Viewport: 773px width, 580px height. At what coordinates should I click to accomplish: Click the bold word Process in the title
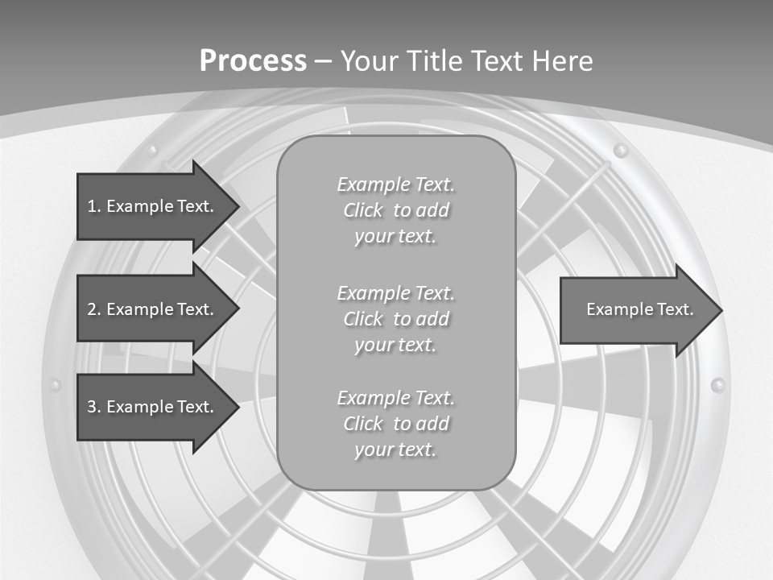pos(253,60)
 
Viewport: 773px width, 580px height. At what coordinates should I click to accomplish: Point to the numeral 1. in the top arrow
pos(94,206)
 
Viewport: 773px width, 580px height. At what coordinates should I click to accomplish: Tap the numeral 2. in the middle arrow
pos(94,309)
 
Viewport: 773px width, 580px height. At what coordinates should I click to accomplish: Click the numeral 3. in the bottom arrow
pos(94,407)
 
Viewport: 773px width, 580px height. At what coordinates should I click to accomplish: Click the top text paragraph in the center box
pos(395,210)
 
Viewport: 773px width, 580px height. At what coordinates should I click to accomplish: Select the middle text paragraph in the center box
pos(395,319)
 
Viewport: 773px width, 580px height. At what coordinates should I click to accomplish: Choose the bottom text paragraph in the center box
pos(395,424)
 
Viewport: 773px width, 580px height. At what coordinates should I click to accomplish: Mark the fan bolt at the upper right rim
pos(620,150)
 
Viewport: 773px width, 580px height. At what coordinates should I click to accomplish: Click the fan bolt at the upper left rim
pos(151,150)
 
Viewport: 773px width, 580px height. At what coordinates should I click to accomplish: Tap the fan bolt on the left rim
pos(55,385)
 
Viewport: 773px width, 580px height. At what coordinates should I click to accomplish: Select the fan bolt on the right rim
pos(718,385)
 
